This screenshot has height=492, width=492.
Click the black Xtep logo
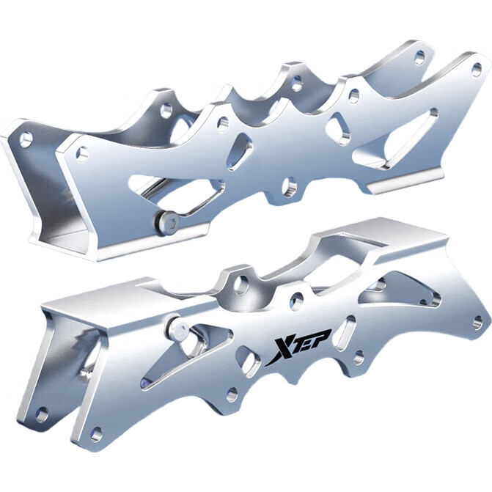(x=298, y=348)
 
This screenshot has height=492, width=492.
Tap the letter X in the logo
(x=278, y=350)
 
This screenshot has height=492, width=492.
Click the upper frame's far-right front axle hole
(x=477, y=69)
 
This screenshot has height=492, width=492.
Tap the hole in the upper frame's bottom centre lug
(x=290, y=186)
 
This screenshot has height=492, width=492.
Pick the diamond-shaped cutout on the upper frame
(x=240, y=150)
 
